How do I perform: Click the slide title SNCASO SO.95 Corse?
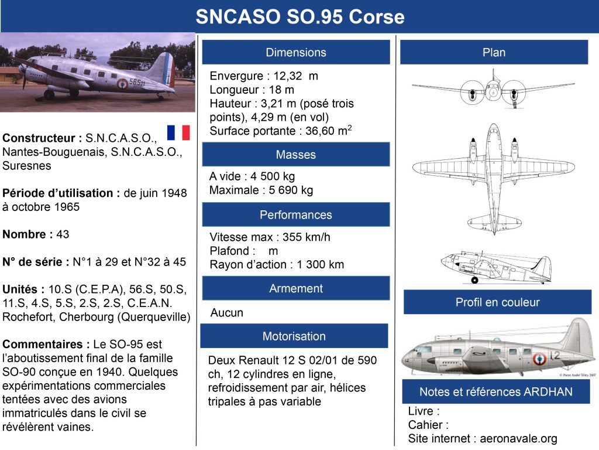pyautogui.click(x=299, y=17)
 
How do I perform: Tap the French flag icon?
pyautogui.click(x=178, y=133)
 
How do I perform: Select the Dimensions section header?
pyautogui.click(x=296, y=52)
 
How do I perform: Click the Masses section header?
pyautogui.click(x=296, y=155)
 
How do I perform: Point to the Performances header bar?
pyautogui.click(x=296, y=214)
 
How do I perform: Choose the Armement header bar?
pyautogui.click(x=296, y=288)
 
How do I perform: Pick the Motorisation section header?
pyautogui.click(x=294, y=336)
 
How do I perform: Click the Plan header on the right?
pyautogui.click(x=494, y=52)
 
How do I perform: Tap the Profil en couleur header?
pyautogui.click(x=497, y=302)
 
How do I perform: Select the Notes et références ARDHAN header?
pyautogui.click(x=496, y=391)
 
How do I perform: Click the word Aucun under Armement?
pyautogui.click(x=227, y=313)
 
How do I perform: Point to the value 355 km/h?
pyautogui.click(x=307, y=237)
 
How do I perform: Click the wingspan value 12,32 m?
pyautogui.click(x=296, y=76)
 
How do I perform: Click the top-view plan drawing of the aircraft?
pyautogui.click(x=493, y=176)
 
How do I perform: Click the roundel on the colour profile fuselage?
pyautogui.click(x=538, y=356)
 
